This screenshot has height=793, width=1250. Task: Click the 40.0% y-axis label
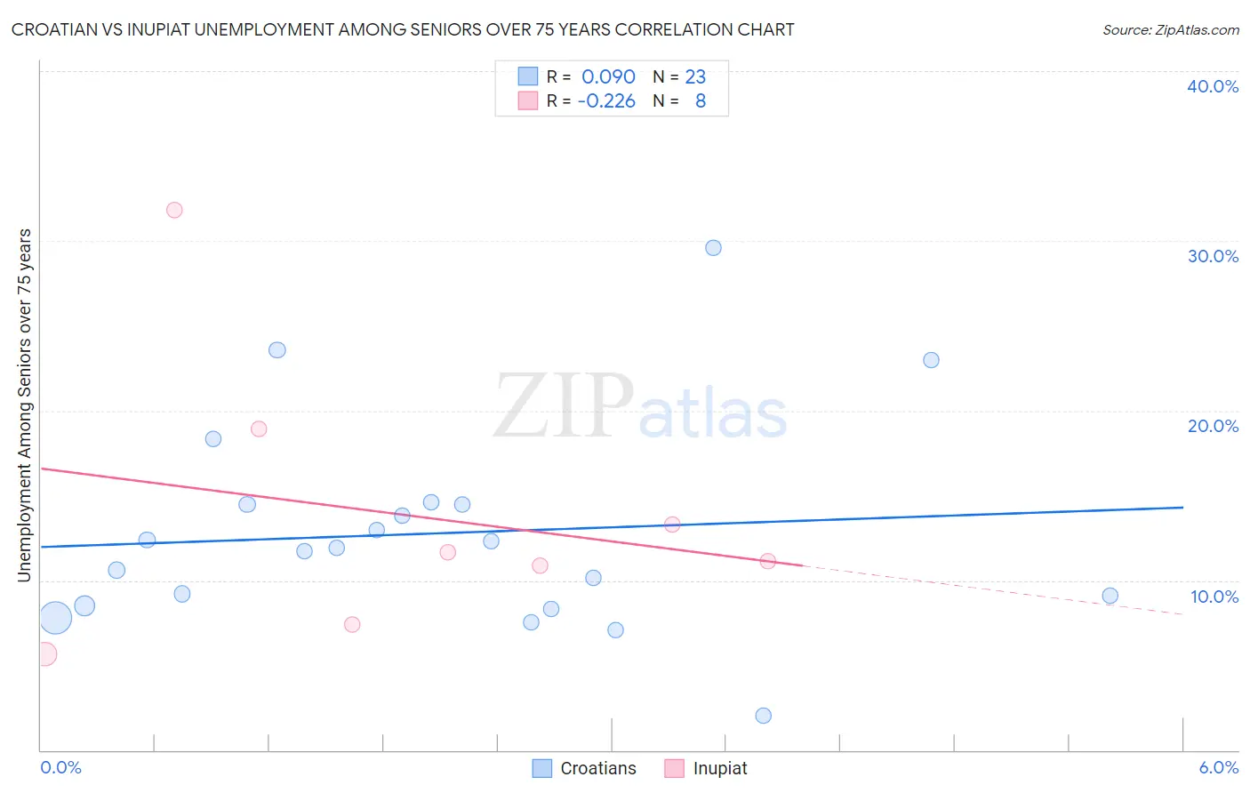[x=1213, y=86]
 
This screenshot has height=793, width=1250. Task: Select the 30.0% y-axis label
[x=1213, y=256]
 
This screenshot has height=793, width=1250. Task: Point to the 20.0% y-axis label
[x=1213, y=426]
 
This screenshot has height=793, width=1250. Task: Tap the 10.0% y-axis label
[x=1214, y=597]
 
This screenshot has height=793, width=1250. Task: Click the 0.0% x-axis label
[x=60, y=767]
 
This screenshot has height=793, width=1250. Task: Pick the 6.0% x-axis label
[x=1218, y=767]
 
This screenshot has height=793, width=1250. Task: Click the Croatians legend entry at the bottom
[x=584, y=768]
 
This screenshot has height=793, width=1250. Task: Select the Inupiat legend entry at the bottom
[x=706, y=768]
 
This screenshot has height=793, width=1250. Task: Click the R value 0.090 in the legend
[x=608, y=76]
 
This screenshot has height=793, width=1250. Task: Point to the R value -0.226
[x=606, y=100]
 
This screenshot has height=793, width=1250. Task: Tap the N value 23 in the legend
[x=695, y=76]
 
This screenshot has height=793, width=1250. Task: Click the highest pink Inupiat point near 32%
[x=174, y=210]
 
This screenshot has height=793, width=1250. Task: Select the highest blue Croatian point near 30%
[x=713, y=248]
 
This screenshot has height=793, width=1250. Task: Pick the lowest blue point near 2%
[x=763, y=716]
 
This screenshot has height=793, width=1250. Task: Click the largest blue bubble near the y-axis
[x=55, y=617]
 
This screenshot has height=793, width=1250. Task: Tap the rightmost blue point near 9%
[x=1110, y=596]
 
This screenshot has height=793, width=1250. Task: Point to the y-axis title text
[x=24, y=405]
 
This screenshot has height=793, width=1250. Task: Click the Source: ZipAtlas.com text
[x=1170, y=29]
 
